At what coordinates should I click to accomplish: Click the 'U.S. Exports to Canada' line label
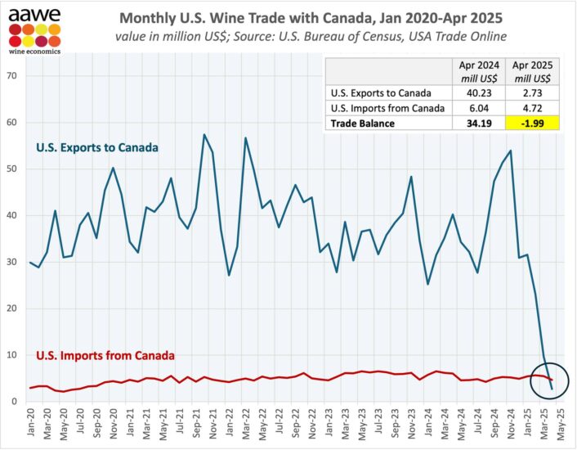tap(96, 147)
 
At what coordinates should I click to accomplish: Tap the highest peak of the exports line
tap(204, 134)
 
